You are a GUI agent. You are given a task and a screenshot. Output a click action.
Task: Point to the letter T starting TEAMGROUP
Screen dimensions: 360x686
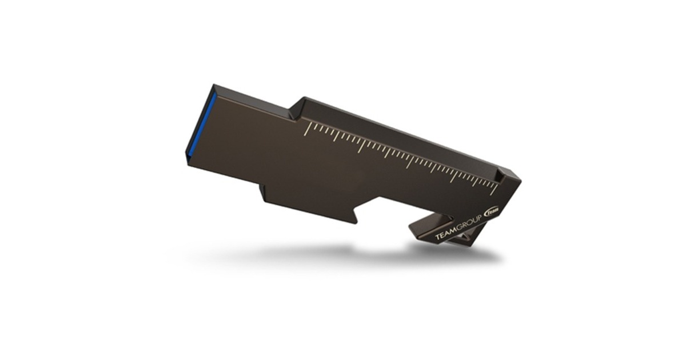(437, 238)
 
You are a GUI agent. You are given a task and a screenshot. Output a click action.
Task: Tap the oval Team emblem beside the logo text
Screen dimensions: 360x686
(492, 211)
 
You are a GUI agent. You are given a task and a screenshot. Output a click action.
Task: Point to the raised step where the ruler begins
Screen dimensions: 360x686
(297, 109)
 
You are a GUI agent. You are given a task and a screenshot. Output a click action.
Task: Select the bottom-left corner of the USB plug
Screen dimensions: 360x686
(186, 156)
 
